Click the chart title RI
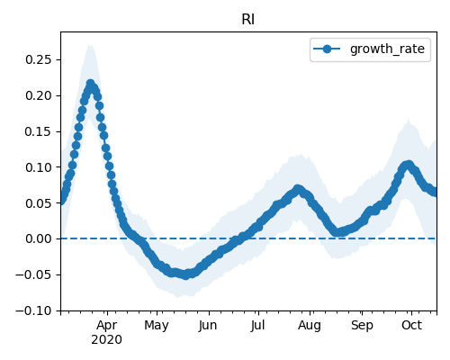(x=248, y=20)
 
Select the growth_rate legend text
(x=387, y=49)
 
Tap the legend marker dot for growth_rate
(x=327, y=49)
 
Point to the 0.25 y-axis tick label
(x=39, y=60)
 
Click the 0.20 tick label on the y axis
(x=39, y=95)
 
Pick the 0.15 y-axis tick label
(x=39, y=131)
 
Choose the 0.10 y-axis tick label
(x=39, y=167)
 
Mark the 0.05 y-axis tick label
(x=39, y=203)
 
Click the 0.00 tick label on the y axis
(x=39, y=239)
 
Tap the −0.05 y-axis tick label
(x=34, y=274)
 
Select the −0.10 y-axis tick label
(x=34, y=310)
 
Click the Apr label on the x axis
(x=107, y=326)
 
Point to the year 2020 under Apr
(x=107, y=340)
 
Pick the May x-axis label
(x=157, y=326)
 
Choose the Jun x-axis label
(x=208, y=325)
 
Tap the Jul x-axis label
(x=257, y=325)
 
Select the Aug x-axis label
(x=310, y=326)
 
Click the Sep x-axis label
(x=362, y=326)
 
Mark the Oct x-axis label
(x=412, y=325)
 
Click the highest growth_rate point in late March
(x=90, y=84)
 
